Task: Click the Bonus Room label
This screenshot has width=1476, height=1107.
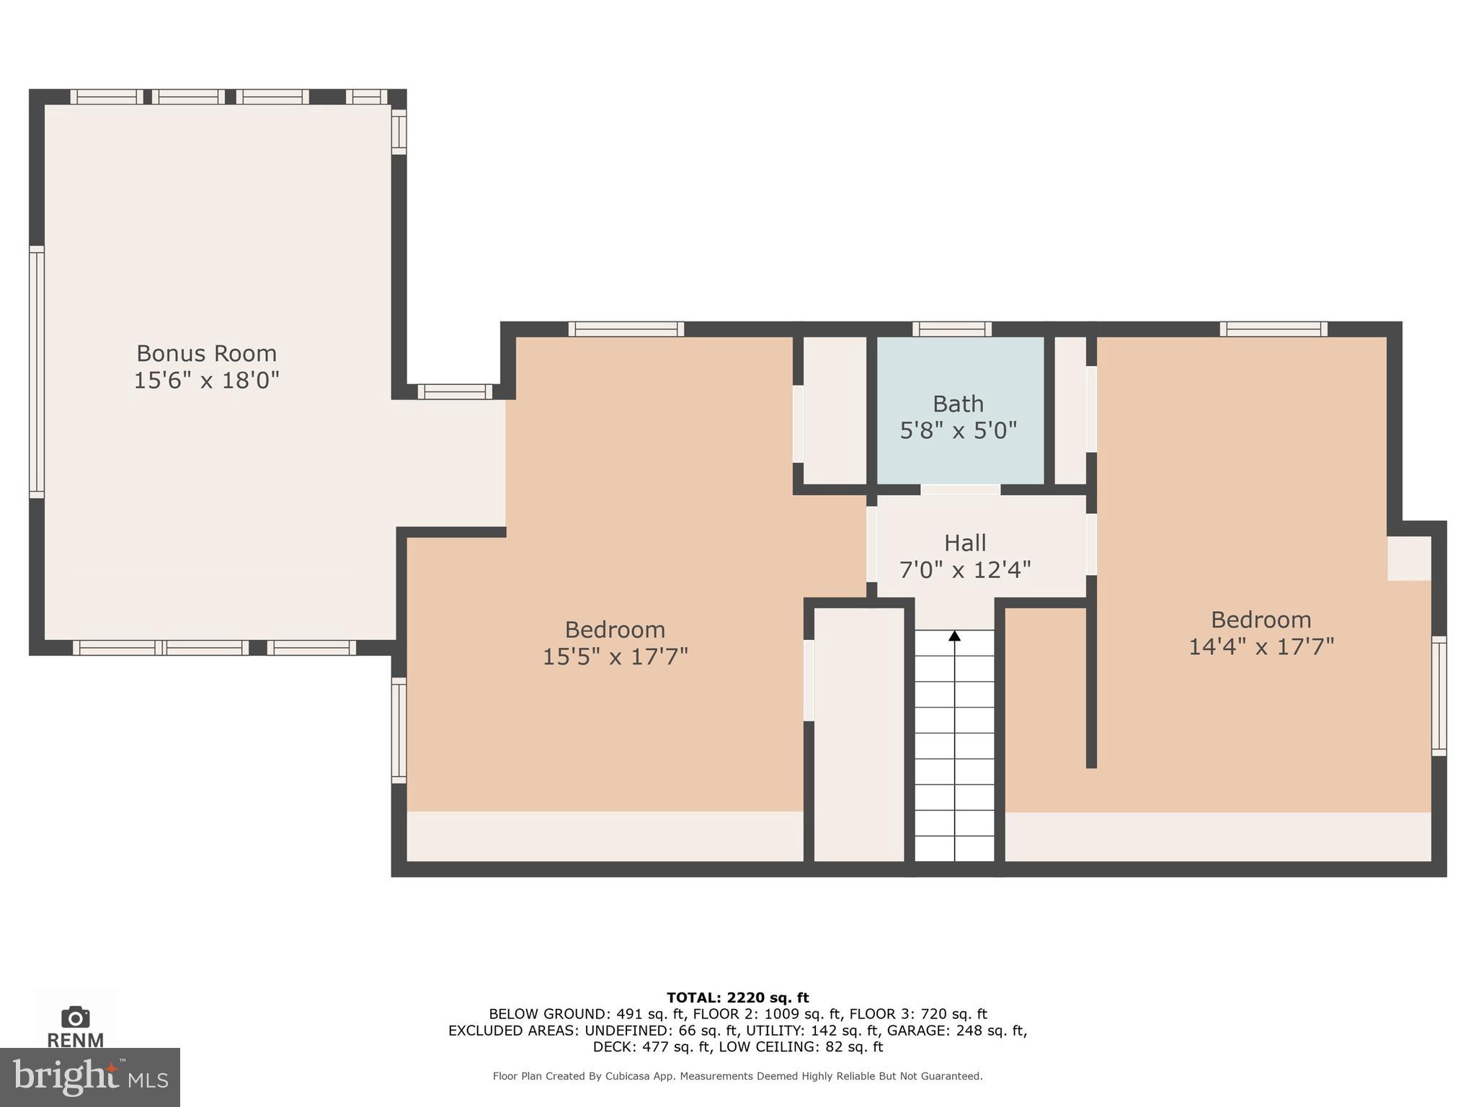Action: [206, 353]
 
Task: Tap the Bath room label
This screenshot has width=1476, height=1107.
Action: [958, 404]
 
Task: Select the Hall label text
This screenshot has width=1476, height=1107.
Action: [965, 543]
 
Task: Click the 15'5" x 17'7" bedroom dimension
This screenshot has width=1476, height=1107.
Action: [615, 657]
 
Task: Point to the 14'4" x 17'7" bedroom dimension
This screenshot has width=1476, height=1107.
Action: [1261, 646]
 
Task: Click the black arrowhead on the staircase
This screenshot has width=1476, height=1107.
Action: [954, 636]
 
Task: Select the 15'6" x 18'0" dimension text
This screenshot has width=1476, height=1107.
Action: [206, 380]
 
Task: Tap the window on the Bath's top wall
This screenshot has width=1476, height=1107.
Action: [951, 329]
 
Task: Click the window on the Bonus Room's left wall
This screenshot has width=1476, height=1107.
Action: [37, 371]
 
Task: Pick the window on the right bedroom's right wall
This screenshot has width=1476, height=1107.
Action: [1439, 695]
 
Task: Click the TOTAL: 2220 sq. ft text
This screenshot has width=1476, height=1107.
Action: [737, 997]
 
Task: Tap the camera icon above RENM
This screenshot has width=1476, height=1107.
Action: [76, 1018]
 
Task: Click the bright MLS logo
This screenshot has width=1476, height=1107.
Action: [89, 1077]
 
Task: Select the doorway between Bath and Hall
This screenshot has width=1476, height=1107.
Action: [960, 490]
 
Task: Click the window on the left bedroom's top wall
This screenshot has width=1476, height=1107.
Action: [626, 329]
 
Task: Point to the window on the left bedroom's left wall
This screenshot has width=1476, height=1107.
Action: [399, 729]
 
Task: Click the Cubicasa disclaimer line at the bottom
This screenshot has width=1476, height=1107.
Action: [737, 1076]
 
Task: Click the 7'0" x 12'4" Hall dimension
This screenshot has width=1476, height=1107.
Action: [965, 570]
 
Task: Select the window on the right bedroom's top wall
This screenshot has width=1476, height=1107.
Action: [1273, 329]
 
